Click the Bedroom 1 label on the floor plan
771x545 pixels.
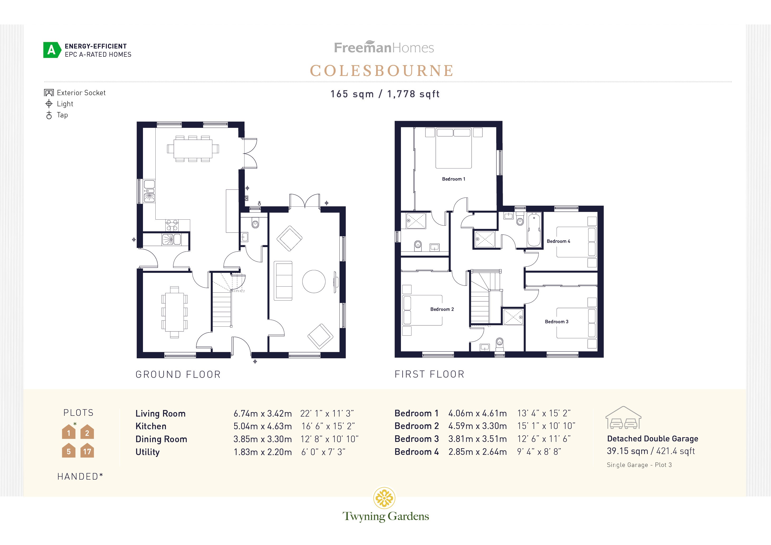tap(453, 179)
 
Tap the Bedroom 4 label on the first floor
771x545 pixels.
tap(558, 241)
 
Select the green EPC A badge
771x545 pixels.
tap(52, 50)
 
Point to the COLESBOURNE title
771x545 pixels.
tap(382, 71)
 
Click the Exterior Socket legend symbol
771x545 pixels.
tap(49, 93)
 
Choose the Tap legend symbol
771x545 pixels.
tap(49, 115)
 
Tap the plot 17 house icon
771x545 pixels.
tap(87, 451)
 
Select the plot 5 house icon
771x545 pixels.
tap(69, 451)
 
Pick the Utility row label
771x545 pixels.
tap(147, 452)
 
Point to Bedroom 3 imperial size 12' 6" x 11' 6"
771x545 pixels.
tap(544, 439)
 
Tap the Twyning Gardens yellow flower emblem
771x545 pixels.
tap(384, 498)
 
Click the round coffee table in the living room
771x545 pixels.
tap(314, 282)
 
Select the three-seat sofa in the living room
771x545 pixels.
tap(283, 281)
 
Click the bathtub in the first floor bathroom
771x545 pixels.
tap(534, 230)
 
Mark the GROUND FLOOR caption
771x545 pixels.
tap(178, 374)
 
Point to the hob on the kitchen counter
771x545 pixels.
tap(172, 225)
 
